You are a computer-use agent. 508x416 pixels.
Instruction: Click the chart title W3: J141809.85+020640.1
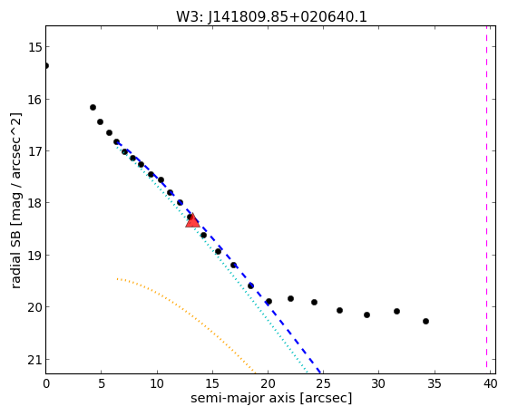coord(271,16)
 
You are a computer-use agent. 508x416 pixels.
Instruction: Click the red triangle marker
coord(192,221)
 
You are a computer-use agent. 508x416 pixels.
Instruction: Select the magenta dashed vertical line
coord(486,197)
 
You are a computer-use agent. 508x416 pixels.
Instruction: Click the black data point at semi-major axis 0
coord(46,66)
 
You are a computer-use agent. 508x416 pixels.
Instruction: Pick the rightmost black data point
coord(425,321)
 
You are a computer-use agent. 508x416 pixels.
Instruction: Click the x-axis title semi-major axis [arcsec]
coord(271,398)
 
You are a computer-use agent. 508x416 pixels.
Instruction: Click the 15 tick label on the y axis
coord(34,47)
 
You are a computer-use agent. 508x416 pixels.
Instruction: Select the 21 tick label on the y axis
coord(34,360)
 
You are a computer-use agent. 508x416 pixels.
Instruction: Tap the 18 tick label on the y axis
coord(34,203)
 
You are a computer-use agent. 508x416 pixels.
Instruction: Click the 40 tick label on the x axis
coord(490,384)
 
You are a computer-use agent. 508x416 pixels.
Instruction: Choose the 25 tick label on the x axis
coord(323,384)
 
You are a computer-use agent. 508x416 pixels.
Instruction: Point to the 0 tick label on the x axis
coord(46,384)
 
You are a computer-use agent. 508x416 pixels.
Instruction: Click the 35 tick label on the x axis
coord(435,384)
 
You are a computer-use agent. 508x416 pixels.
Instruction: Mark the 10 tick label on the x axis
coord(157,384)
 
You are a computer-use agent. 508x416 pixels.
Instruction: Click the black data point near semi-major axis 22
coord(290,298)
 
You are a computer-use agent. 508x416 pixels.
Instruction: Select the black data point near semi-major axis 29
coord(366,314)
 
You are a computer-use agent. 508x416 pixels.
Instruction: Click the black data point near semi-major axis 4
coord(93,107)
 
